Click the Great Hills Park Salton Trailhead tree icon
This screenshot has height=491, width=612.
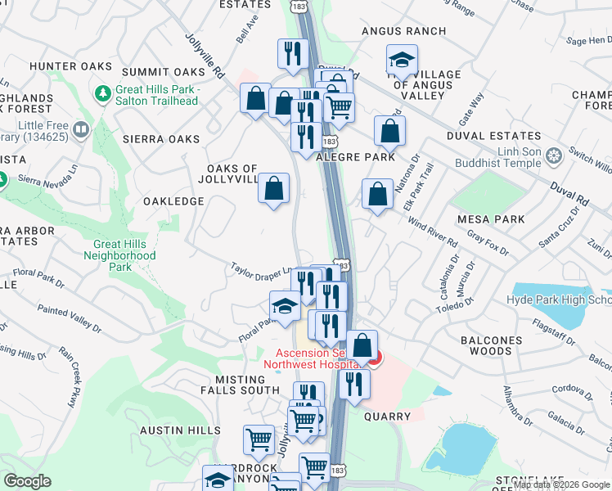[103, 94]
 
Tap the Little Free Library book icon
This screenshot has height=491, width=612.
[81, 129]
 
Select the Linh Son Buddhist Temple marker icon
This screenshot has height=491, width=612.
[554, 155]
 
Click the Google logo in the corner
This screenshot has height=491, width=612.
[27, 481]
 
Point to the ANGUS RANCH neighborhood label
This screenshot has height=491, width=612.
[404, 31]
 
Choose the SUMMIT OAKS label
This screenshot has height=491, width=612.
[163, 72]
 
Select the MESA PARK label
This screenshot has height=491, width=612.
[491, 219]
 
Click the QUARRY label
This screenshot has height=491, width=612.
[387, 416]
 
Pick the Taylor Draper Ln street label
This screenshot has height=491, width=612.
[260, 269]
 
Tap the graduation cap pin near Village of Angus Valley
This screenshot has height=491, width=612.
[402, 60]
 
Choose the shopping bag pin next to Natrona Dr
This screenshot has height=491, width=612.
[377, 196]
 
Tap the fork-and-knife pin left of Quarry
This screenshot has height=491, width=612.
[353, 384]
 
